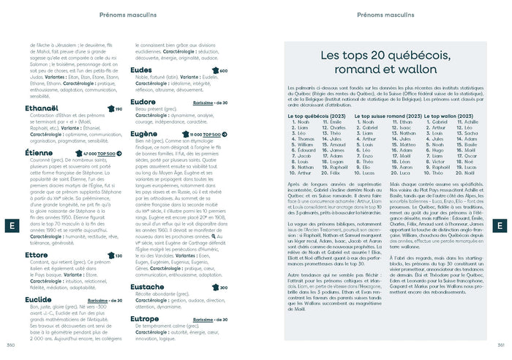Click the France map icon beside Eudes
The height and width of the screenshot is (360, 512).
coord(214,71)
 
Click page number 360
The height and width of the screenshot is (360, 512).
coord(10,345)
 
